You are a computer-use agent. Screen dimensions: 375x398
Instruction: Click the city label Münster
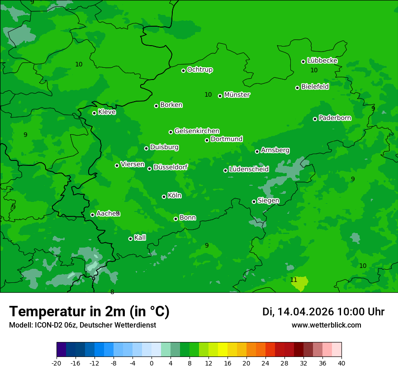237,95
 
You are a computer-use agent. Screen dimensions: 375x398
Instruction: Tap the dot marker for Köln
164,197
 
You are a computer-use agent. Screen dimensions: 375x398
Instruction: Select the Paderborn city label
335,118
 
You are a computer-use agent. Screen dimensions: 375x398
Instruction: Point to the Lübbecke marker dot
303,61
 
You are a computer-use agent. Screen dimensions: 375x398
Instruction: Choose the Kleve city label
107,112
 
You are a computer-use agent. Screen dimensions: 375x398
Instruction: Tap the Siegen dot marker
254,202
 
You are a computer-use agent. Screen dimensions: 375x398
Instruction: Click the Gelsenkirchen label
197,131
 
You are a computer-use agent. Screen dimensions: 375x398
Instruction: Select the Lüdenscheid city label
249,169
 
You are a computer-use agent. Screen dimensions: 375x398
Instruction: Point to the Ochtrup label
200,70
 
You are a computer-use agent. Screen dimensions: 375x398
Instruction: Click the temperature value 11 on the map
294,280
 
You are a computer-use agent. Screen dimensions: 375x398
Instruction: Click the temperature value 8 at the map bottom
112,292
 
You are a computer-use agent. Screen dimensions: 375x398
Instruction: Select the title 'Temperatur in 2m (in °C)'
90,312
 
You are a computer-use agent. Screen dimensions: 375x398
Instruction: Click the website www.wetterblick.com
327,325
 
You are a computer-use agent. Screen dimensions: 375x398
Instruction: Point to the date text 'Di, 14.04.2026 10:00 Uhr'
323,312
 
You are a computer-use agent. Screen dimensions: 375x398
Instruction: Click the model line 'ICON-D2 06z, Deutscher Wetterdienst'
82,325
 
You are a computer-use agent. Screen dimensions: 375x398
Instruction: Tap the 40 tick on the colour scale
341,363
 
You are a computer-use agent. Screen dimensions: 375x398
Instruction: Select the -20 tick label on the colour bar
57,363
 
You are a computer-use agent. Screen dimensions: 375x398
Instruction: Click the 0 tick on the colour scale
152,363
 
